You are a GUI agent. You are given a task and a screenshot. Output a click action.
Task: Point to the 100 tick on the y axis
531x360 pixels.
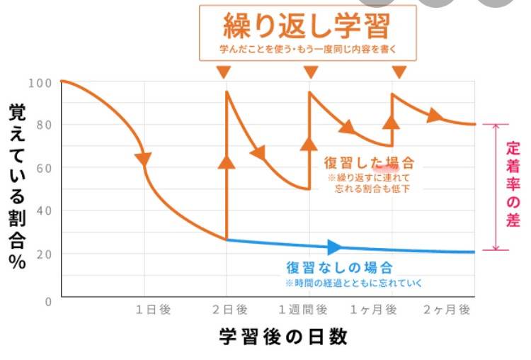click(40, 82)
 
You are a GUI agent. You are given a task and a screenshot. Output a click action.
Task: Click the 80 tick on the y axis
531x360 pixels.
click(42, 125)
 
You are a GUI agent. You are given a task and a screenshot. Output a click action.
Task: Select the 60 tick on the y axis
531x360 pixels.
click(42, 168)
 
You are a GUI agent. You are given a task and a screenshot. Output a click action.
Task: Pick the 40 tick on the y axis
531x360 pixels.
click(42, 211)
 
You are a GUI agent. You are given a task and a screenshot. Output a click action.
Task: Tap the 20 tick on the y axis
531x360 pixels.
click(42, 254)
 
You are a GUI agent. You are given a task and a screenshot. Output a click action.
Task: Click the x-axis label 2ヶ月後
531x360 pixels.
click(447, 309)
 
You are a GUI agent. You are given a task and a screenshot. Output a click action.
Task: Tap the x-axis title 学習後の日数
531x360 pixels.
click(282, 336)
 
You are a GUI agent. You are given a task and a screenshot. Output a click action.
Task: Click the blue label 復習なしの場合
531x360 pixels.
click(339, 268)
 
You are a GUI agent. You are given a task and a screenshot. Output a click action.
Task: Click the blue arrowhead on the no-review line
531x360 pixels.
click(335, 247)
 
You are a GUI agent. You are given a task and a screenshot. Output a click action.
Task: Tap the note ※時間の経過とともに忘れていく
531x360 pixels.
click(353, 283)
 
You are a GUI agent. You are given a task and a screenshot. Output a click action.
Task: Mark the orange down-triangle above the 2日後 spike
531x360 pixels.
click(224, 72)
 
